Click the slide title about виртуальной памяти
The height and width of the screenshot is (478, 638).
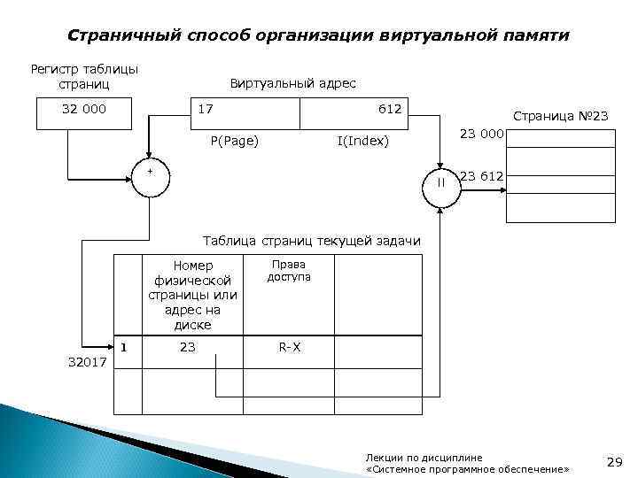point(319,36)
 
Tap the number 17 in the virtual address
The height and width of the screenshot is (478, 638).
point(206,109)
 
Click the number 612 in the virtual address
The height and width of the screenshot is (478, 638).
point(390,109)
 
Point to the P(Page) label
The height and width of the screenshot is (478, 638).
point(234,141)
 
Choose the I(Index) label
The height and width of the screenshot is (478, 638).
point(363,141)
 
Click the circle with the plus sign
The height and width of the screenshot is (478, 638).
point(151,181)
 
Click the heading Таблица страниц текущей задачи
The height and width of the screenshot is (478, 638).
point(312,241)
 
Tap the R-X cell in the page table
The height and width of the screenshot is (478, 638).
point(290,348)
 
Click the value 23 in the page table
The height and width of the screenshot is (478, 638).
point(187,348)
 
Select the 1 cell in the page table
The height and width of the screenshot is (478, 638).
point(124,347)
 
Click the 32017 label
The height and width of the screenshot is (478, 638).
point(86,362)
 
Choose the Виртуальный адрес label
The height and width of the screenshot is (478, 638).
point(293,83)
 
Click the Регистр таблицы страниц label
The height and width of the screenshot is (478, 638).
point(84,76)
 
